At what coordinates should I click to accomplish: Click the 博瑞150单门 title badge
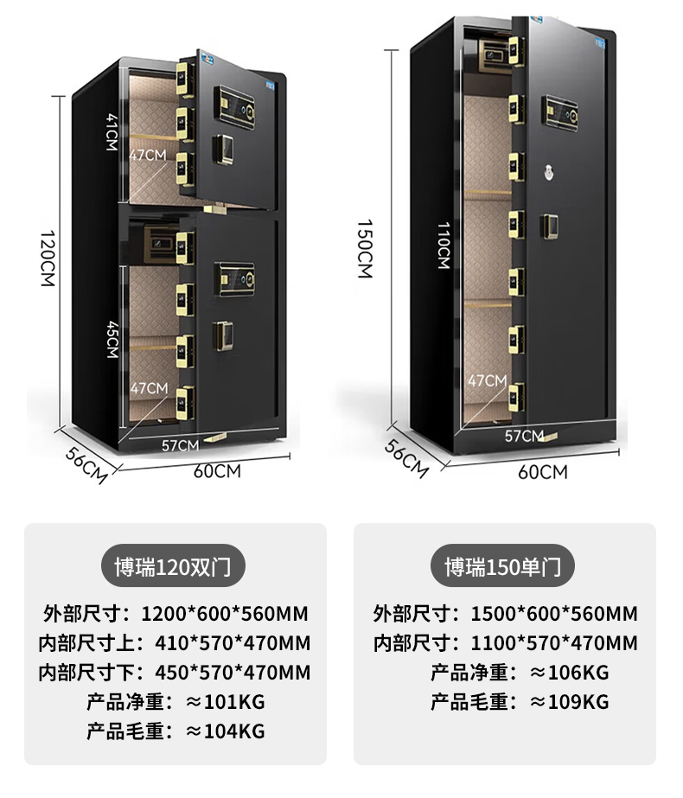coord(503,567)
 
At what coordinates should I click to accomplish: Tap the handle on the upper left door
coord(224,150)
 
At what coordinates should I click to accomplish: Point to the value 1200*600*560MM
coord(225,614)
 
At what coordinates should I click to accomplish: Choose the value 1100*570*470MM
coord(554,642)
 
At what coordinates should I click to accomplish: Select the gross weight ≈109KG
coord(570,701)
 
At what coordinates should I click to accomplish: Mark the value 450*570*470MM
coord(233,672)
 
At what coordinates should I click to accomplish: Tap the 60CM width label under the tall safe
coord(543,471)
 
